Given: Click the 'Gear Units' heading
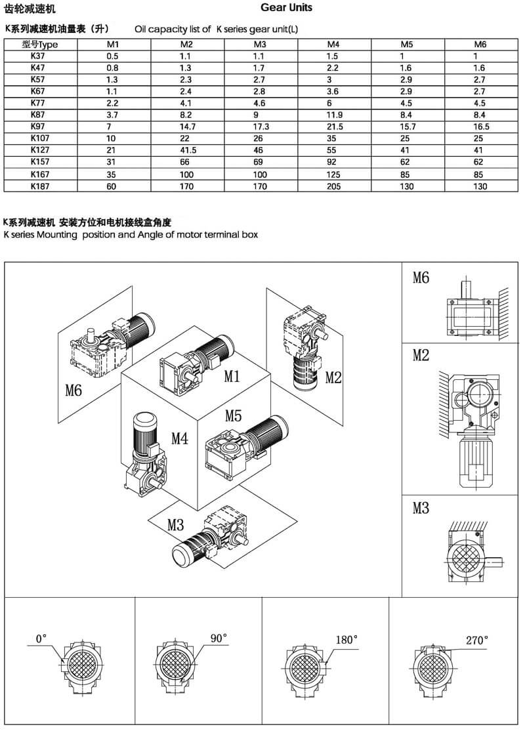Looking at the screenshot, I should [x=286, y=8].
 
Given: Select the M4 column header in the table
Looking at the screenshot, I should [x=333, y=44].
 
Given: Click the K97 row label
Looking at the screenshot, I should [x=39, y=127].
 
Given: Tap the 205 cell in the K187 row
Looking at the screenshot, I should [x=335, y=186].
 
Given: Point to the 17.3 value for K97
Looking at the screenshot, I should [x=261, y=127].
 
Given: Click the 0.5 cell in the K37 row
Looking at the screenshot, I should [x=112, y=56].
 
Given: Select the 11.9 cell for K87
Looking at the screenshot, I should [x=335, y=115].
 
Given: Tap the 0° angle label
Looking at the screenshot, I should [x=42, y=638].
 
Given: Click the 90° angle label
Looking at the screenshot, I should [x=219, y=638].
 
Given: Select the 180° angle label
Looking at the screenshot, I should [x=346, y=639].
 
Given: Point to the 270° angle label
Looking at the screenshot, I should [x=477, y=640].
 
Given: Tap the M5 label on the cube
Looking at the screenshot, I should [x=234, y=415].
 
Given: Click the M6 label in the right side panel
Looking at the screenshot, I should [x=421, y=278].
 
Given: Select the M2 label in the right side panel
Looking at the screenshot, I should [x=421, y=355].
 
